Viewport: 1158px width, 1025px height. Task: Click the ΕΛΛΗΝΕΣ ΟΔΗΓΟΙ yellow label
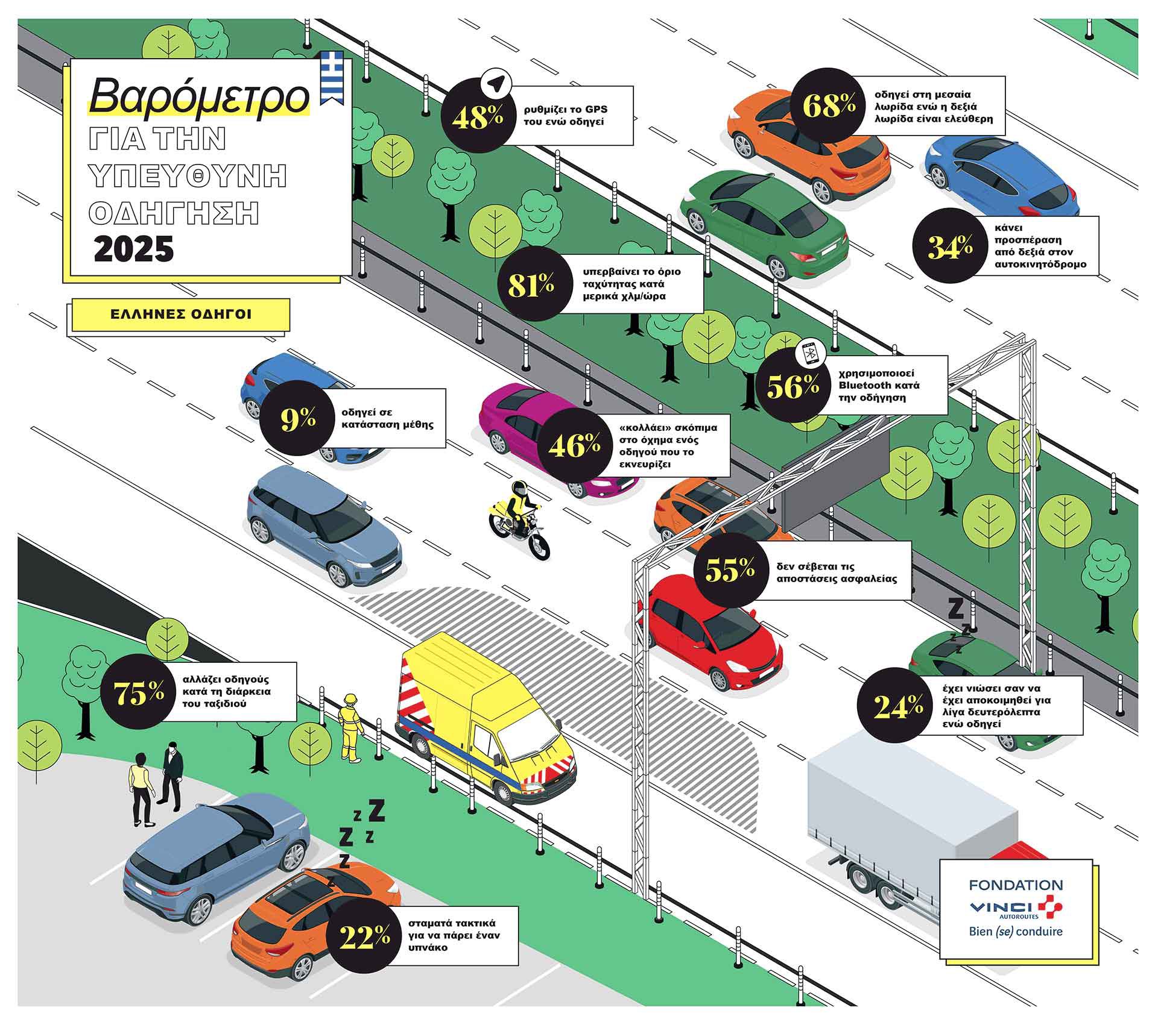(181, 314)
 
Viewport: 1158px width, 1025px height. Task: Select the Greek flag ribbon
(332, 75)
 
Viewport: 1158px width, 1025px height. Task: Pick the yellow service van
(482, 717)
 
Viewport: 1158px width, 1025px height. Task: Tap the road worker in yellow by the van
(350, 727)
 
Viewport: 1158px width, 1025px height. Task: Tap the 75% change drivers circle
(139, 694)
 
